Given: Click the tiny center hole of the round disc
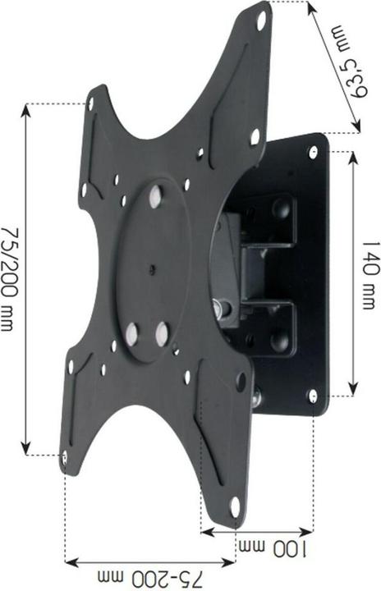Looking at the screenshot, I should point(153,266).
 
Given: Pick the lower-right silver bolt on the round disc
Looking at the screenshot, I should point(162,332).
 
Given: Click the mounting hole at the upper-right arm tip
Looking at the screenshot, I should point(261,24).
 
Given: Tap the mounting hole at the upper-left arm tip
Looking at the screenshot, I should point(91,103).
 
